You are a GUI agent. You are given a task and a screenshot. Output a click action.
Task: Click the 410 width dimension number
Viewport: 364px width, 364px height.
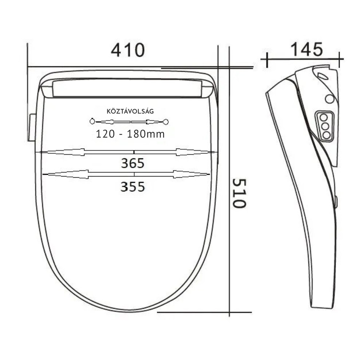coord(128,50)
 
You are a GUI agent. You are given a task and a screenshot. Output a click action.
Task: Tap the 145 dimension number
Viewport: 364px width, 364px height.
coord(306,49)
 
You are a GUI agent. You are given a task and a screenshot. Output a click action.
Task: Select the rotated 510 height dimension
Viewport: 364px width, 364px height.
coord(239,193)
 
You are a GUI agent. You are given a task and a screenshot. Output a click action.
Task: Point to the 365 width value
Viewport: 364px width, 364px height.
coord(132,163)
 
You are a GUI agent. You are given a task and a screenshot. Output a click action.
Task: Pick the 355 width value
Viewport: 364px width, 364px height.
coord(132,187)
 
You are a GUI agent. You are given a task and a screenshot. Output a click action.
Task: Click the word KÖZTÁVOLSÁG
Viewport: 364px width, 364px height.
coord(130,111)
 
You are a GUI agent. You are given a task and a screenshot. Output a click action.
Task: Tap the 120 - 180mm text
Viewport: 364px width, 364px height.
coord(130,134)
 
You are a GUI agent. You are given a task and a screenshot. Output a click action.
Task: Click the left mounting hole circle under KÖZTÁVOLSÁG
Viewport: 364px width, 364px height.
coord(92,121)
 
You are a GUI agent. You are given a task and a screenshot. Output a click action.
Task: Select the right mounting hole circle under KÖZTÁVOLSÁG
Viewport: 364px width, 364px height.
coord(166,122)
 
